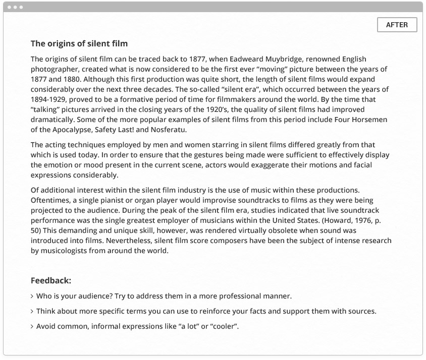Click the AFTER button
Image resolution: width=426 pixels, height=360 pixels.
[397, 25]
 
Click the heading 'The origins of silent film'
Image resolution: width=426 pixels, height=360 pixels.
[79, 44]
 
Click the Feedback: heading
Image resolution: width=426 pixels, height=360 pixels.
[51, 280]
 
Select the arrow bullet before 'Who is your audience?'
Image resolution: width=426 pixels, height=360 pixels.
[32, 296]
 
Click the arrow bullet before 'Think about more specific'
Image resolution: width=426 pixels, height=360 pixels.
[32, 312]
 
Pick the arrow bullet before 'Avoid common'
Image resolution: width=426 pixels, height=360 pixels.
[32, 327]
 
